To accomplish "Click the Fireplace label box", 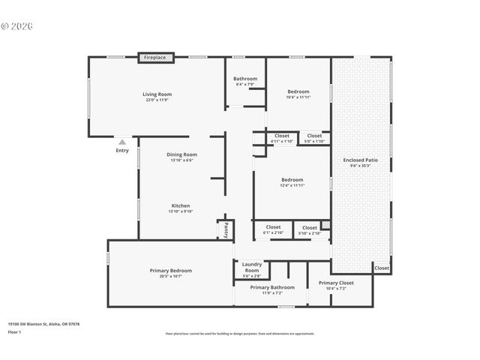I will click(156, 58).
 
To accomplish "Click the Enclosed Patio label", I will click(361, 162).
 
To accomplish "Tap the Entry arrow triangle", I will click(122, 142).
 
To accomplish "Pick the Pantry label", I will click(226, 229).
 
